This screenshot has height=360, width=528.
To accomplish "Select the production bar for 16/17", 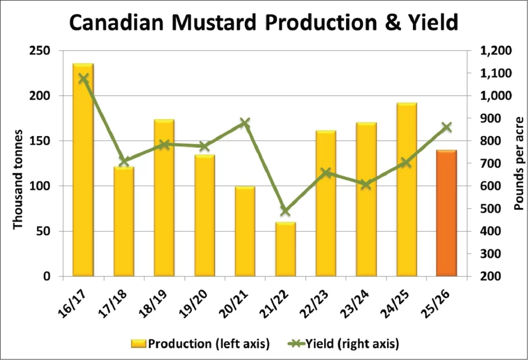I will [x=83, y=170].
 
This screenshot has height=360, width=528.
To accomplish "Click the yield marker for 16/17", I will [x=84, y=78].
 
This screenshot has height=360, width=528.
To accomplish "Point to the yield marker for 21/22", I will [x=285, y=211].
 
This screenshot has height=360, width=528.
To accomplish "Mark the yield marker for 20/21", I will [x=245, y=123].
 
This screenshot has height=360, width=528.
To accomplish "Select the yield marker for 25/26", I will [x=447, y=127].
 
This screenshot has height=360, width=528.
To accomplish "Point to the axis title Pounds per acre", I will [x=518, y=163].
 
